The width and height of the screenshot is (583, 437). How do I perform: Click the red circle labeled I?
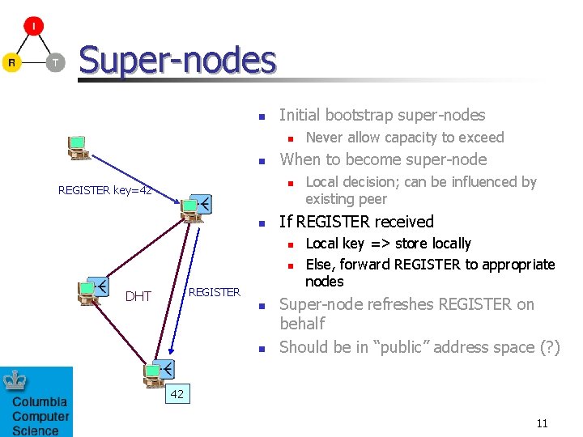33,26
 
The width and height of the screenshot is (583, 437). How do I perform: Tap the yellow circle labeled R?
11,62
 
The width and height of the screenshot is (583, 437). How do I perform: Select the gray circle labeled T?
55,62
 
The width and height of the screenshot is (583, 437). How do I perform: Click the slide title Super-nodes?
177,60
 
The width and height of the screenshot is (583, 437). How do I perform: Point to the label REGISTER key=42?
105,190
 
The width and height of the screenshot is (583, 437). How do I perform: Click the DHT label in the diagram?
138,296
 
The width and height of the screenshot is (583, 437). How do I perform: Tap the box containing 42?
177,394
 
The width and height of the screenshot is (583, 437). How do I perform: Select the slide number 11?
542,422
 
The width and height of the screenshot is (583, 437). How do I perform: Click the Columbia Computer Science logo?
36,401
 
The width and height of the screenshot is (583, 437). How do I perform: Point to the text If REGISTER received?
356,222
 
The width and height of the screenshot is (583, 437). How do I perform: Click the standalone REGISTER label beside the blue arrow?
214,292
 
